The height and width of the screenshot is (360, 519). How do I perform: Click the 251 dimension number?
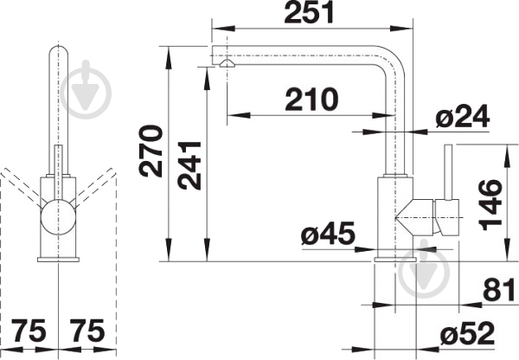pyautogui.click(x=309, y=13)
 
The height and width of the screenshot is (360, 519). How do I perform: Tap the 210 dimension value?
pyautogui.click(x=311, y=100)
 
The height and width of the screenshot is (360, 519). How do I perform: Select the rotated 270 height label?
pyautogui.click(x=151, y=151)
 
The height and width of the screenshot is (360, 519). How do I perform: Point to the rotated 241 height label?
pyautogui.click(x=189, y=165)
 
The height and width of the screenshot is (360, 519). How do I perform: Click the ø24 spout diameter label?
pyautogui.click(x=463, y=117)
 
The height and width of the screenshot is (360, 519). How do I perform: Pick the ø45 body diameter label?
pyautogui.click(x=328, y=234)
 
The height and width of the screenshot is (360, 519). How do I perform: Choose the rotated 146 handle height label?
pyautogui.click(x=490, y=205)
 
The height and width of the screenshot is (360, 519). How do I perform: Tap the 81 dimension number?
pyautogui.click(x=499, y=289)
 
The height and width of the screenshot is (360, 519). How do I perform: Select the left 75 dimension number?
pyautogui.click(x=29, y=331)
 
